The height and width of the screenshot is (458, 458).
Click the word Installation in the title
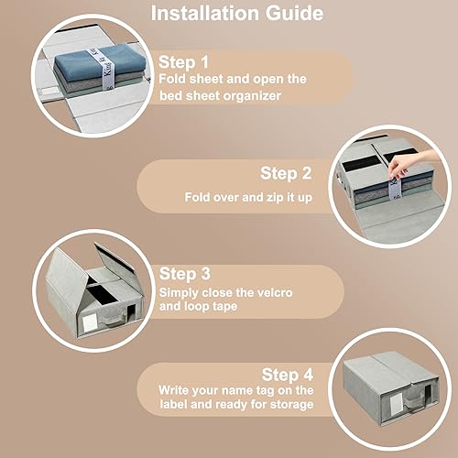(205, 14)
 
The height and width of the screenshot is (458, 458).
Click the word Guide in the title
(294, 14)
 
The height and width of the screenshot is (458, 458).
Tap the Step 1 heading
(183, 62)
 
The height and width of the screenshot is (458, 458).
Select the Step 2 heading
(286, 173)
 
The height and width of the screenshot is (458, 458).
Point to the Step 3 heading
(185, 274)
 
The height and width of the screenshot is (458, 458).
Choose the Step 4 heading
(288, 375)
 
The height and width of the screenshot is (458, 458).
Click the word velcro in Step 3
(275, 292)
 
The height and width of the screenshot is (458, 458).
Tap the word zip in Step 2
(276, 198)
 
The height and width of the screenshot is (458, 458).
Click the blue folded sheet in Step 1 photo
(96, 60)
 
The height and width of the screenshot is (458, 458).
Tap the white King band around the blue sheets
(102, 69)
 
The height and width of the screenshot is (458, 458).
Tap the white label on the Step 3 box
(90, 322)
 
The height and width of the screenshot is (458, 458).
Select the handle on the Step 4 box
(414, 400)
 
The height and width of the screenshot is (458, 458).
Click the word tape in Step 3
(224, 307)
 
